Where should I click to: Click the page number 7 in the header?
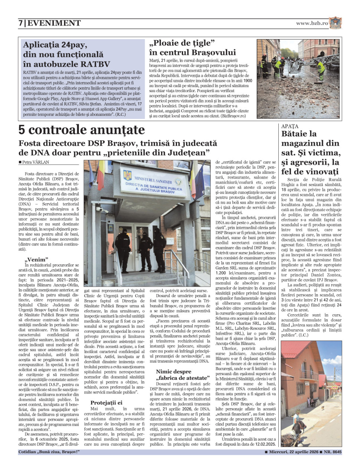point(20,23)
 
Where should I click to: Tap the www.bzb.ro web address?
point(312,23)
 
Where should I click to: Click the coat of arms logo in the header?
point(335,23)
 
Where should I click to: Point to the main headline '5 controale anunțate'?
point(82,130)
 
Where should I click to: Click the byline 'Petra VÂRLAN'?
point(35,162)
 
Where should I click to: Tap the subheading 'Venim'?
point(36,259)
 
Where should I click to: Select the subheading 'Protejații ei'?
point(106,402)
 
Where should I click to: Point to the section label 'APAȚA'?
point(290,126)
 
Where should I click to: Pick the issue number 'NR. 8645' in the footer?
point(333,452)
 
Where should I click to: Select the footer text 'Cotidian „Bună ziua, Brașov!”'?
point(49,452)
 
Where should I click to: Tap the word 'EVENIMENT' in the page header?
point(54,23)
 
